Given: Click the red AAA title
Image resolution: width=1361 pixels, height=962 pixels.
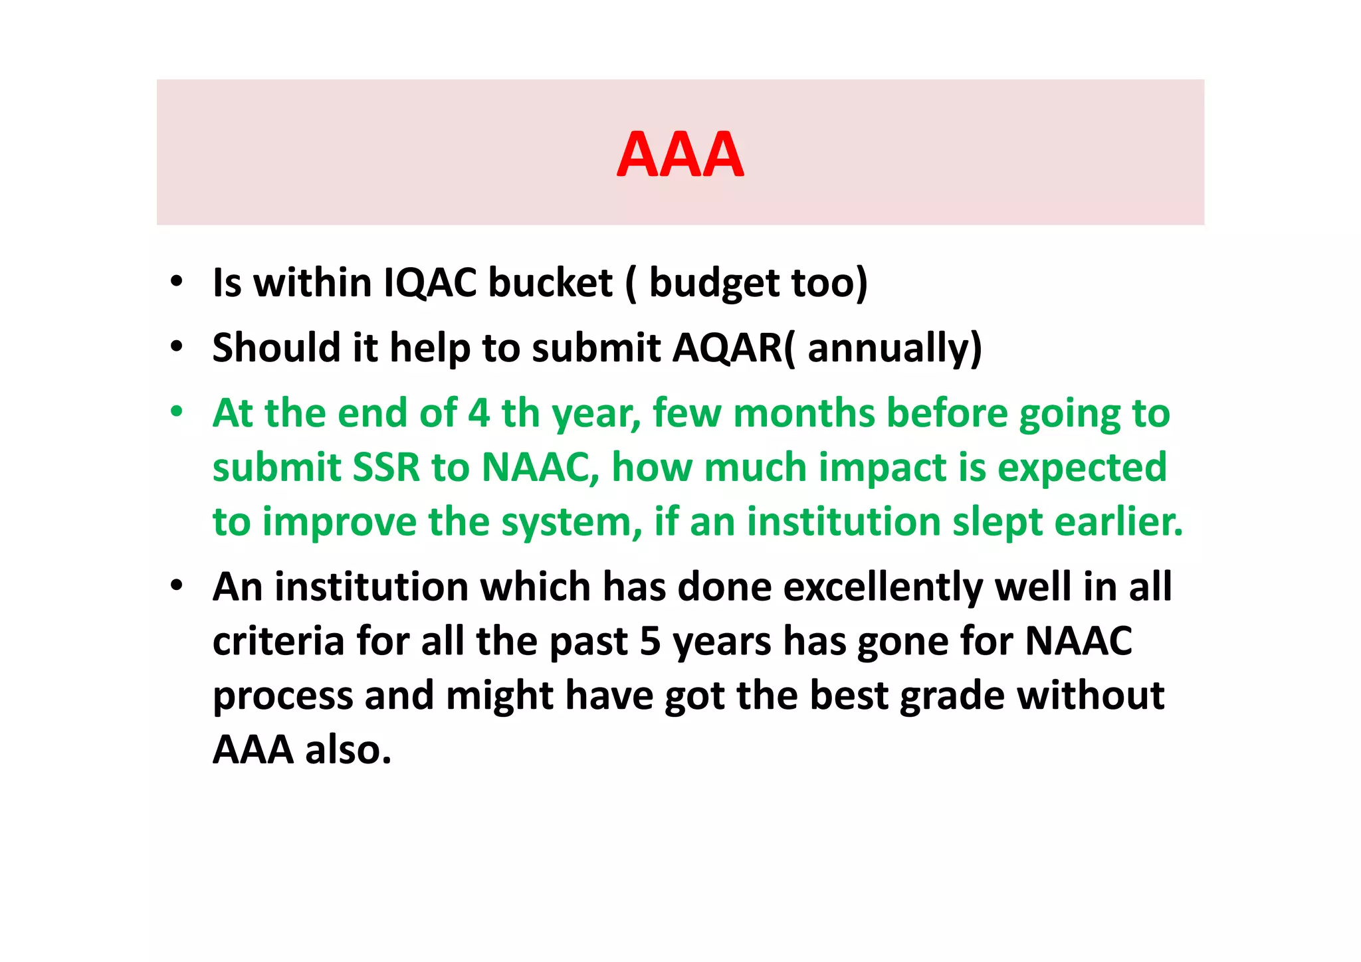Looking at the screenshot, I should click(680, 155).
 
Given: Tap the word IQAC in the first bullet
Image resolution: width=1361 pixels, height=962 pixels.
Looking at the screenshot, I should click(431, 282).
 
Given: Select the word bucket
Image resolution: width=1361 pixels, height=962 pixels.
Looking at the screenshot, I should click(550, 282).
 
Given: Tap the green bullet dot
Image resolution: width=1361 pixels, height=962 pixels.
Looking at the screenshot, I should click(176, 411).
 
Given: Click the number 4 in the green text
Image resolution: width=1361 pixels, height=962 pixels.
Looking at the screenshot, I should click(479, 413).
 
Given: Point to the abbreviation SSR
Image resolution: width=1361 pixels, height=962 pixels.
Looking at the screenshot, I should click(386, 467).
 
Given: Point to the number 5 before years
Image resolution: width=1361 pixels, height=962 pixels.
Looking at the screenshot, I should click(650, 642).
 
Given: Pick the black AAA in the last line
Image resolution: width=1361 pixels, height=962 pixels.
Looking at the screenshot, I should click(253, 749).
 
